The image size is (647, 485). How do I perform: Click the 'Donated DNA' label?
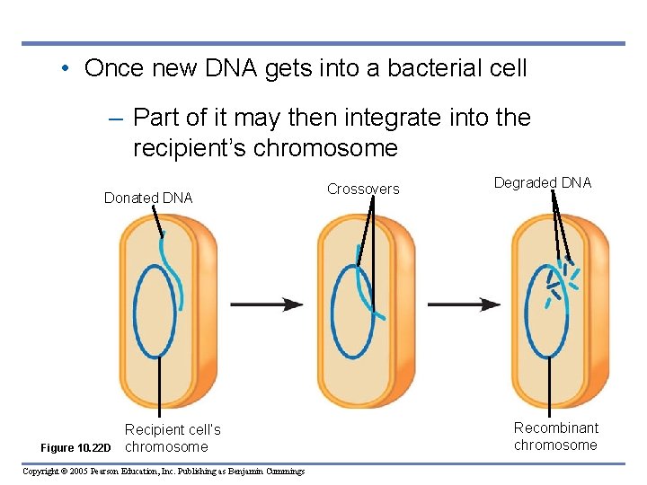pyautogui.click(x=148, y=198)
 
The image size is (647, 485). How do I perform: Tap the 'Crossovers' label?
pyautogui.click(x=363, y=189)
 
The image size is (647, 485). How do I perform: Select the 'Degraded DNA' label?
pyautogui.click(x=543, y=183)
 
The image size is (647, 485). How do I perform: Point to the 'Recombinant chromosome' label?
pyautogui.click(x=555, y=436)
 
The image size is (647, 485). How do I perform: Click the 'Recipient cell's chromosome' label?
pyautogui.click(x=172, y=438)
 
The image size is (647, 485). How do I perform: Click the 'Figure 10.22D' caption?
pyautogui.click(x=76, y=448)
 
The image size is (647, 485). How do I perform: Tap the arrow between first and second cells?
pyautogui.click(x=267, y=304)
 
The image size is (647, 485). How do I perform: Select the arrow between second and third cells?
pyautogui.click(x=463, y=304)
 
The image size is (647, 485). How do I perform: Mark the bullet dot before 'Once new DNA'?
pyautogui.click(x=67, y=68)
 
